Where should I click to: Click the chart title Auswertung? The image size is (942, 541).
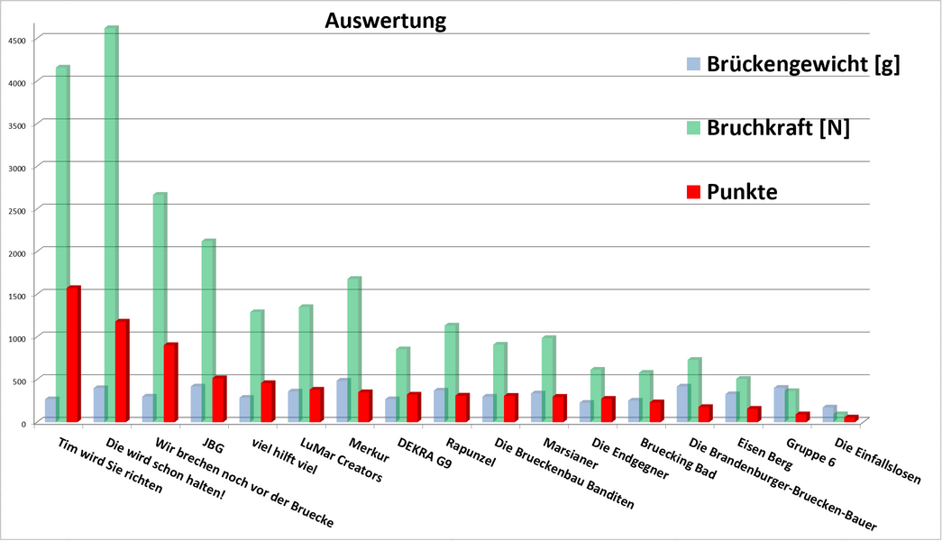(x=386, y=20)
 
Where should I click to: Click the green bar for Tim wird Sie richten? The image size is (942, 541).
(x=62, y=243)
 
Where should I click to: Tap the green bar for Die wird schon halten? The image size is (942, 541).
(x=111, y=225)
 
